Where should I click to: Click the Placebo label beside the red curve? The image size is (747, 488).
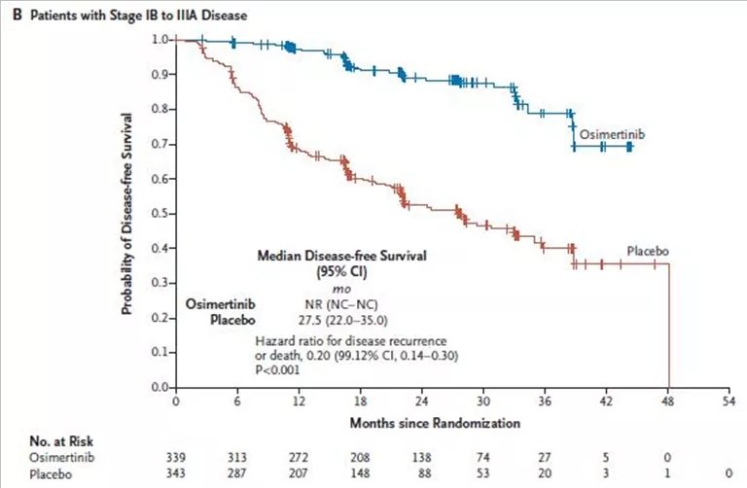pos(646,250)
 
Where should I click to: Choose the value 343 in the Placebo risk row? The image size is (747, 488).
pos(175,471)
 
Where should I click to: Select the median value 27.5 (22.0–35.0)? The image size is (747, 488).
pos(304,318)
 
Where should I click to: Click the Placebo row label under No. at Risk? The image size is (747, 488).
pos(51,471)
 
